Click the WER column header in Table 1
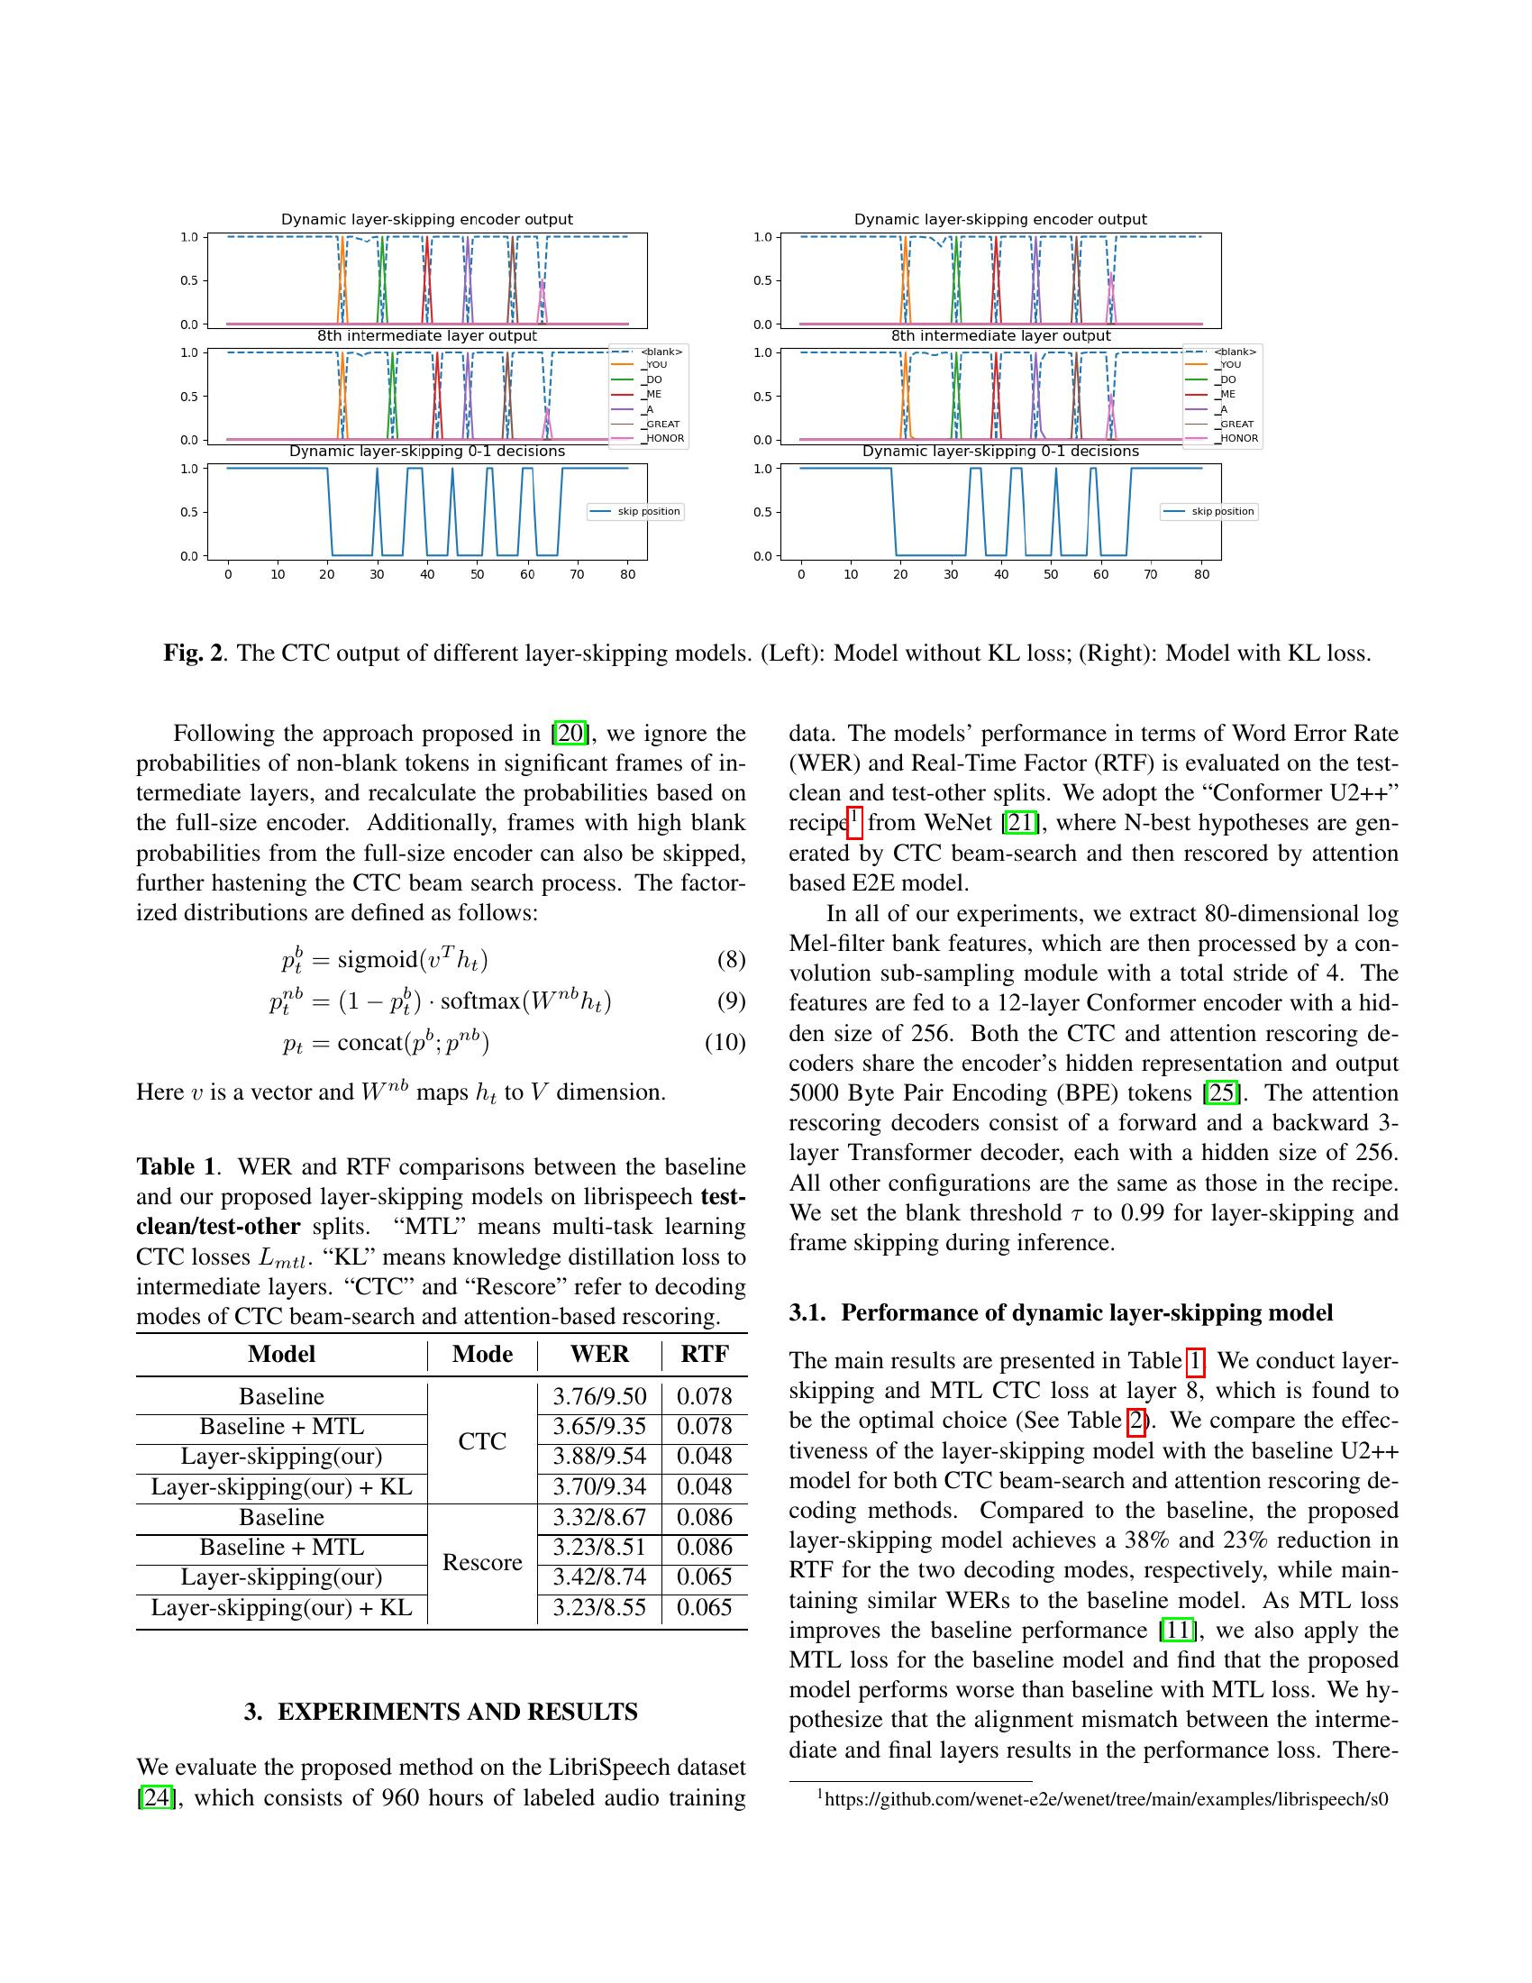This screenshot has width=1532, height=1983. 599,1354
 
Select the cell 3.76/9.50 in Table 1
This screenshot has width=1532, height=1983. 599,1396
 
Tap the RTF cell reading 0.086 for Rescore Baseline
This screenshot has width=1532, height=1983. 705,1517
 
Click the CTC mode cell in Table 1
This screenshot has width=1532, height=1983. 482,1442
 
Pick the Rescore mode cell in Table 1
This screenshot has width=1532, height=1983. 482,1563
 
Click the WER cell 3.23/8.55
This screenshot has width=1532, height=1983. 599,1608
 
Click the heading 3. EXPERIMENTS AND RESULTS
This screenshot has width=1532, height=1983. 441,1712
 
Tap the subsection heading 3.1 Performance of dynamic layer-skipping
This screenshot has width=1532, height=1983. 1061,1313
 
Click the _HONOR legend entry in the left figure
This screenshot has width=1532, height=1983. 664,439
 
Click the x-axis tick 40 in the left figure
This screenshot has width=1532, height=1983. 427,574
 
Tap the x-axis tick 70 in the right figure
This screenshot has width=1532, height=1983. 1151,574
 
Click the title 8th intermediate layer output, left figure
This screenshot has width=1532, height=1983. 426,336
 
